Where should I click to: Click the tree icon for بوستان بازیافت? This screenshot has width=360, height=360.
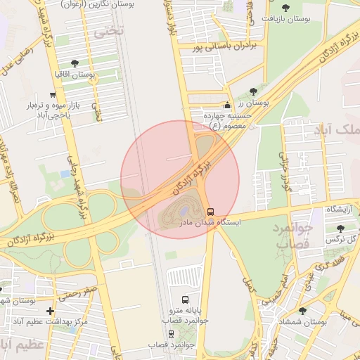268,18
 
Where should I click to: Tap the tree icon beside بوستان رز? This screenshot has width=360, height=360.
253,91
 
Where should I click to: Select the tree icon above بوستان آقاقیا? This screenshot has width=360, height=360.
75,63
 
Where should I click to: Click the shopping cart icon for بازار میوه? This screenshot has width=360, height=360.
53,95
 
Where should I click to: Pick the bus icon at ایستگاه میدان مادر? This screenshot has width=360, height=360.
211,212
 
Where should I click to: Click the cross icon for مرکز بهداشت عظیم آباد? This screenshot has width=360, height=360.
50,311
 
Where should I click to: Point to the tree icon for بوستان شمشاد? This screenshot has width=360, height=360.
302,311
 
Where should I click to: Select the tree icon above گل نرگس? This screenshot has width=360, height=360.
341,229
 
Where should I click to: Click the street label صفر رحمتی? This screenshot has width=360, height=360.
78,292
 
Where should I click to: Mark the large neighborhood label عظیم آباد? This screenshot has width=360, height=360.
21,345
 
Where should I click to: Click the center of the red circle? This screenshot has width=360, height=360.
180,179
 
